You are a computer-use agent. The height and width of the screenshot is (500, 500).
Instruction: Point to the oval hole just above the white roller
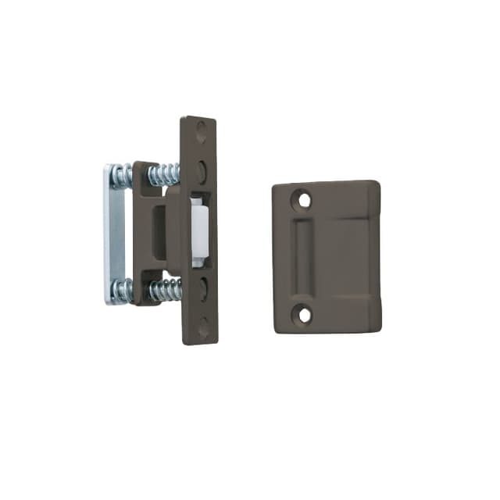pos(202,170)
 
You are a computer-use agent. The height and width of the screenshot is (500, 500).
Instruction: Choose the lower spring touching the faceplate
pos(166,288)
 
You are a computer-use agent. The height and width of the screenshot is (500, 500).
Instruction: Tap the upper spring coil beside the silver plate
pos(120,177)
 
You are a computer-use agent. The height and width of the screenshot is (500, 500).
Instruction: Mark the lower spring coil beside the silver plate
pos(121,291)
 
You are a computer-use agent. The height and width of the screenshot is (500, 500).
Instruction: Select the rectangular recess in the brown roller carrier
pos(159,233)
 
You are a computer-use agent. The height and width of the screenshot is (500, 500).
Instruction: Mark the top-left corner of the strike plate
pos(276,188)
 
